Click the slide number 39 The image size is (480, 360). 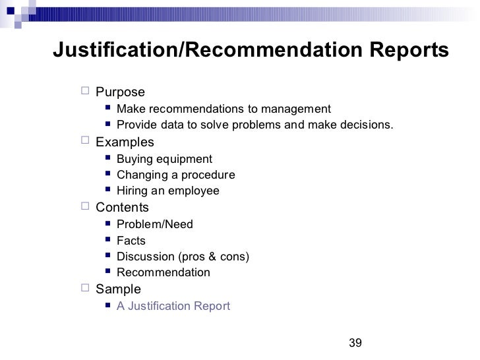coord(355,342)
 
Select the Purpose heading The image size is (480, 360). coord(121,92)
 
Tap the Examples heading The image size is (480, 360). coord(125,142)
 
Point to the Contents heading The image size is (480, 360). coord(123,208)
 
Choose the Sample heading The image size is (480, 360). coord(119,289)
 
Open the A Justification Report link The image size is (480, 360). coord(173,306)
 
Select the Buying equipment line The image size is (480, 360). coord(164,159)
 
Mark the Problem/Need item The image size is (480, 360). coord(155,224)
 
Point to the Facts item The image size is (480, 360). coord(131,241)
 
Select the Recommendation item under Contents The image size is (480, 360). coord(164,272)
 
